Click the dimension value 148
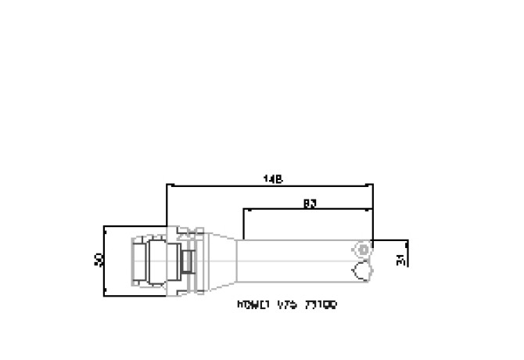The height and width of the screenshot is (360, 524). tap(271, 179)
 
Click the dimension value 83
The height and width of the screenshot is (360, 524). tap(308, 203)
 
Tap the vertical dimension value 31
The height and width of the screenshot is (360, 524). tap(401, 260)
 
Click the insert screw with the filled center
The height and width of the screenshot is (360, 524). tap(362, 249)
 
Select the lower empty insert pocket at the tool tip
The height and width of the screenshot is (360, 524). tap(361, 271)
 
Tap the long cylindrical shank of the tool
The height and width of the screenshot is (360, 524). tap(297, 260)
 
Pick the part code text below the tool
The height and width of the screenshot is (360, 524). tap(286, 305)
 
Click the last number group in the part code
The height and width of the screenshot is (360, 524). tap(323, 305)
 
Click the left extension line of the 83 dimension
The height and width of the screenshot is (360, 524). tap(245, 224)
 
